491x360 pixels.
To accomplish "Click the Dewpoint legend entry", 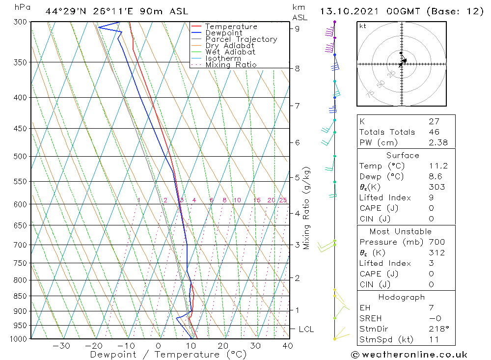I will (x=223, y=33).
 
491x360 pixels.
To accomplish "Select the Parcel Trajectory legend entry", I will (x=241, y=39).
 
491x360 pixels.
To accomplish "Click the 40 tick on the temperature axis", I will (x=288, y=346).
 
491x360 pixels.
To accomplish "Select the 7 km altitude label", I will (x=298, y=106).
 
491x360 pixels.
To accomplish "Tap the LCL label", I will (x=306, y=329).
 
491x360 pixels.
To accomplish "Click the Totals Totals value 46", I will (x=434, y=132).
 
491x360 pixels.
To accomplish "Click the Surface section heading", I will (x=403, y=155).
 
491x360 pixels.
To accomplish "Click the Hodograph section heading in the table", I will (x=402, y=297).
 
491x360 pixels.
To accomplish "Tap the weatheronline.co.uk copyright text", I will (x=409, y=355).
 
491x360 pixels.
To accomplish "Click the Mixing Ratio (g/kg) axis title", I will (x=307, y=208).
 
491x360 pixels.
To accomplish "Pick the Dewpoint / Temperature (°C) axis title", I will (x=162, y=355).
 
